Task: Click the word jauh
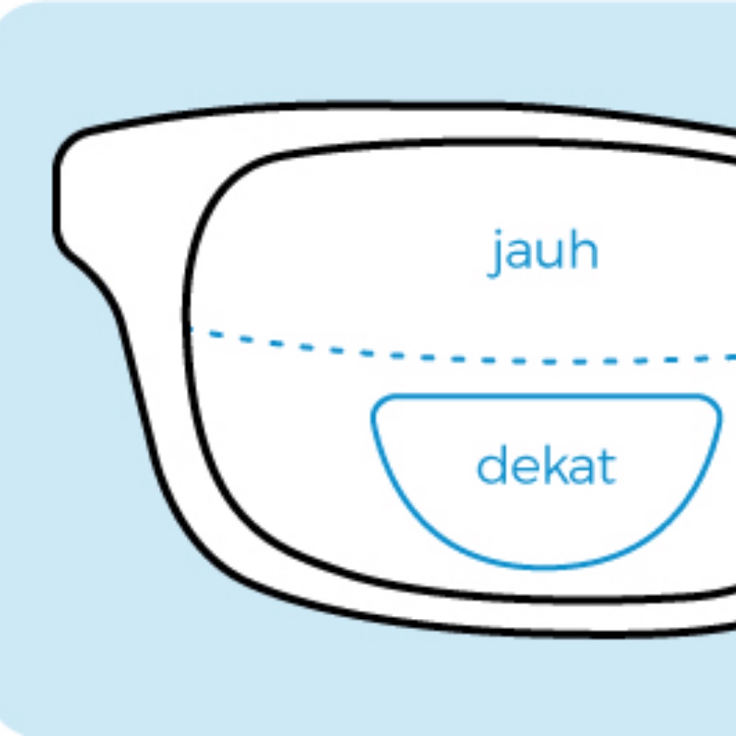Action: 544,252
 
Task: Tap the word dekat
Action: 546,467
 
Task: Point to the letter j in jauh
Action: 497,255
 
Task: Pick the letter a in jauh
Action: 523,255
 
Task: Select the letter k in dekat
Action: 551,466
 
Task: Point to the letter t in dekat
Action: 607,468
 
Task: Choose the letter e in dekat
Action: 522,470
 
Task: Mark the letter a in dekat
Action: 580,470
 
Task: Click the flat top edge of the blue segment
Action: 546,396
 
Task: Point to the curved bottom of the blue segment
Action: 546,566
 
